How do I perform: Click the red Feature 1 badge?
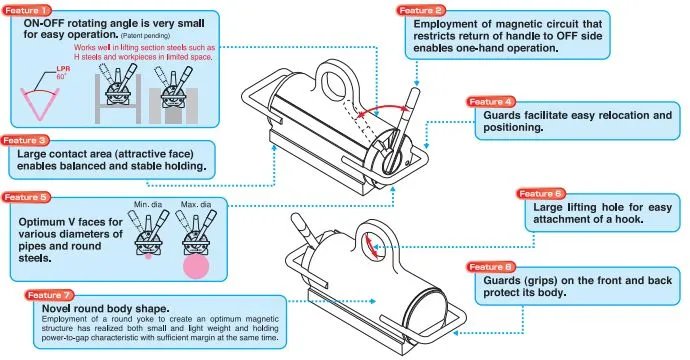coord(26,10)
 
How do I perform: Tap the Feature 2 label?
coord(420,10)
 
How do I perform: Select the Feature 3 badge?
coord(25,140)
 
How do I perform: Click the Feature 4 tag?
coord(491,102)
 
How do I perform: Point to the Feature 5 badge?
coord(26,197)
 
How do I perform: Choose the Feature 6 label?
coord(540,194)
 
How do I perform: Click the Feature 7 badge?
coord(49,295)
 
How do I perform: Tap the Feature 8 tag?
coord(491,267)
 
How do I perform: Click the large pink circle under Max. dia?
coord(196,266)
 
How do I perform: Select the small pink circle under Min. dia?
coord(148,256)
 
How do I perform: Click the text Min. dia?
coord(148,204)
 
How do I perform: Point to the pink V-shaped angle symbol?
coord(40,104)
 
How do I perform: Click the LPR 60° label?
coord(62,73)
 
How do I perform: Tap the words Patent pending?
coord(145,35)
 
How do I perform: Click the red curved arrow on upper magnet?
coord(384,108)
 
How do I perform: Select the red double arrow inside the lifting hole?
coord(371,246)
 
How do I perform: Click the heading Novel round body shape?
coord(106,308)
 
